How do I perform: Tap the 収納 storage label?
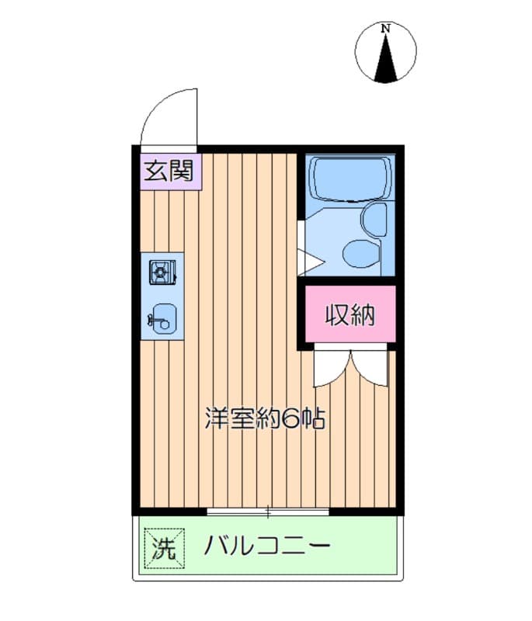click(349, 314)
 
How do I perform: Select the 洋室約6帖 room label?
click(264, 420)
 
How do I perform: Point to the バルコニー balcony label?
click(267, 547)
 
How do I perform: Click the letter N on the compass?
click(386, 29)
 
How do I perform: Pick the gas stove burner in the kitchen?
click(162, 272)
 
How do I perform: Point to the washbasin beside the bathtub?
click(375, 219)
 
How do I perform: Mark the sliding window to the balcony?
click(269, 511)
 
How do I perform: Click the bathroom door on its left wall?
click(302, 248)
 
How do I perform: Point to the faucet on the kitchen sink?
click(153, 317)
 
